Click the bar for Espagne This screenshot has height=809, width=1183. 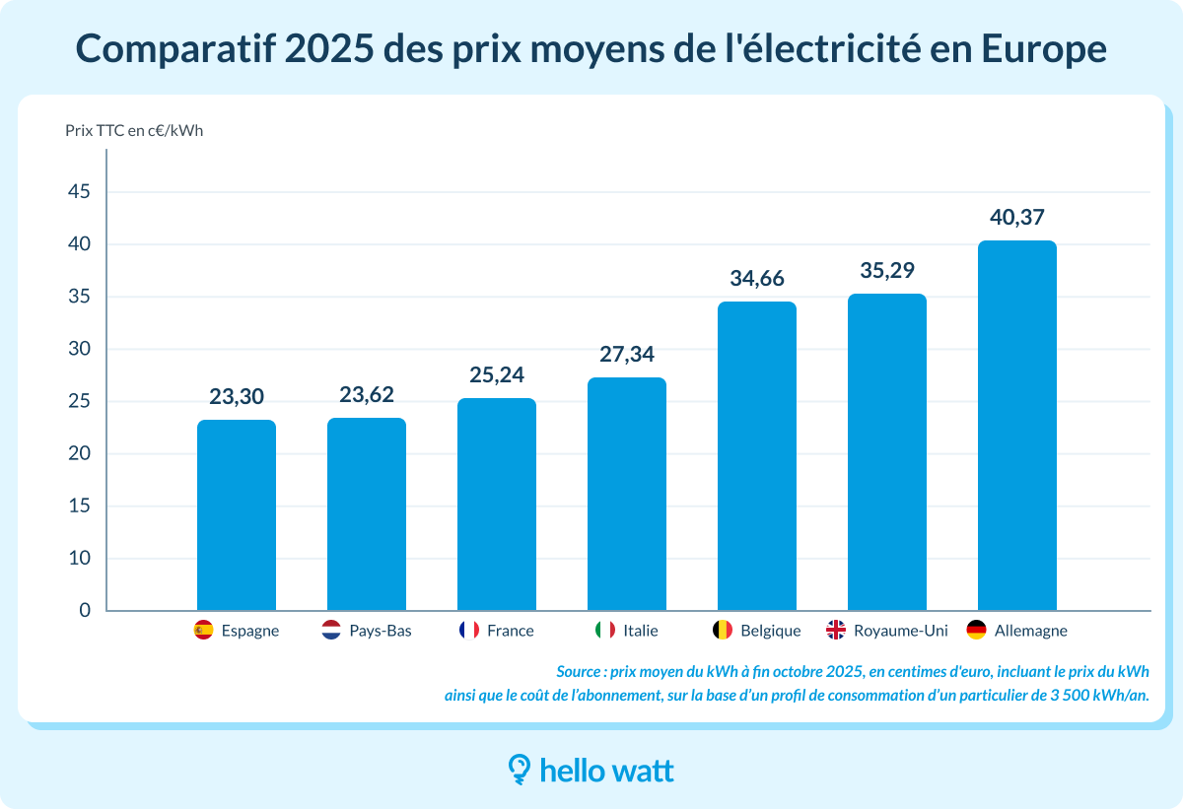coord(237,515)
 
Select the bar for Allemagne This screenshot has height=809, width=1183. coord(1016,426)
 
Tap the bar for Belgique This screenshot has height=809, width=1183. coord(756,456)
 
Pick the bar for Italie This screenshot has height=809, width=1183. coord(627,494)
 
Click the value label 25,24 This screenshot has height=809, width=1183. coord(497,374)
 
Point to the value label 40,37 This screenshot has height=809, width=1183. coord(1016,217)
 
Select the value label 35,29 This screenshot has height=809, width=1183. coord(886,270)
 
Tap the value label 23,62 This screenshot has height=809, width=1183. coord(367,395)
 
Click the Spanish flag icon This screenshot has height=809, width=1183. coord(204,630)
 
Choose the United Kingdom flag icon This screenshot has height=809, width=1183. coord(836,630)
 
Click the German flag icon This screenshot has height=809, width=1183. coord(977,630)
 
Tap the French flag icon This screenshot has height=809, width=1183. coord(468,630)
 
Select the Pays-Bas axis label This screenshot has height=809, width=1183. coord(381,631)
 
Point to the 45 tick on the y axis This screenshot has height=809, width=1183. coord(78,192)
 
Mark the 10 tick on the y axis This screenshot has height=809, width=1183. coord(78,559)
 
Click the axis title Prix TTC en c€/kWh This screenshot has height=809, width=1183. coord(134,130)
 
